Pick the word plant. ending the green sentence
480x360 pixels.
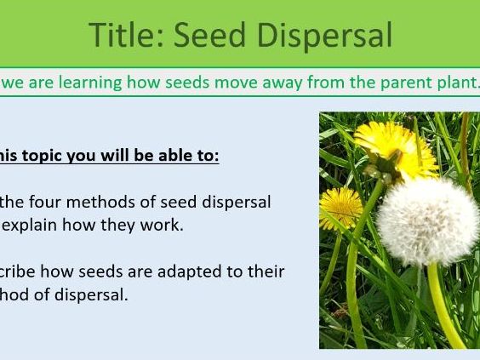coord(451,82)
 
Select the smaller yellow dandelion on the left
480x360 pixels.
coord(340,208)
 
